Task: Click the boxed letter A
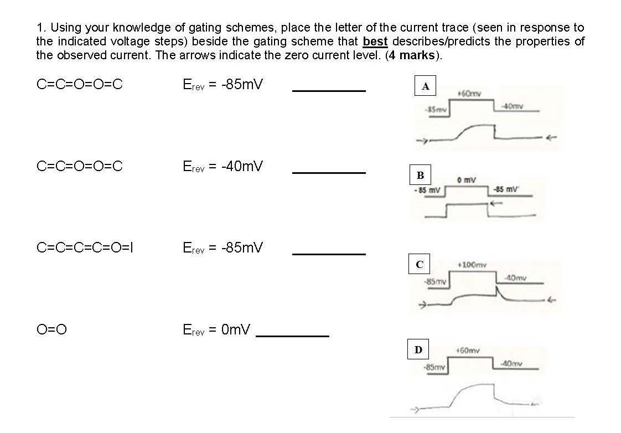pyautogui.click(x=425, y=86)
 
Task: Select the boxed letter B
pyautogui.click(x=420, y=176)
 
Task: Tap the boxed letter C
pyautogui.click(x=419, y=265)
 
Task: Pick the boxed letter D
pyautogui.click(x=418, y=349)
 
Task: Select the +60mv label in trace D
pyautogui.click(x=468, y=350)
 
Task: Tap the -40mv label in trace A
pyautogui.click(x=512, y=106)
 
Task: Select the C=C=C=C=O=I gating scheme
pyautogui.click(x=85, y=248)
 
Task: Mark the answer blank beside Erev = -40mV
pyautogui.click(x=329, y=173)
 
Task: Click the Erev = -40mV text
pyautogui.click(x=222, y=166)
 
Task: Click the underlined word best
pyautogui.click(x=375, y=42)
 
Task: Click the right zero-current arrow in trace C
pyautogui.click(x=551, y=301)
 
